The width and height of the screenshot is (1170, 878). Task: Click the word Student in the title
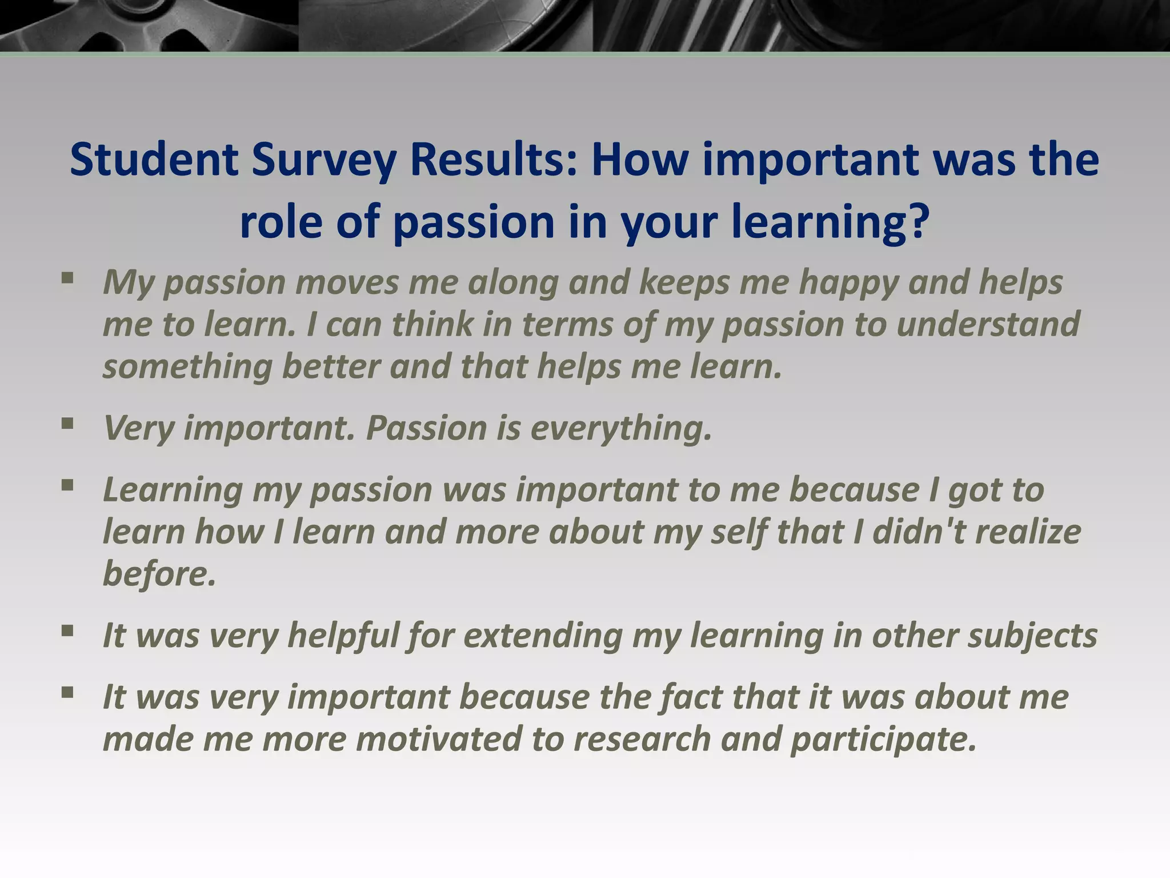154,159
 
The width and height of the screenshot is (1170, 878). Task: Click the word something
187,366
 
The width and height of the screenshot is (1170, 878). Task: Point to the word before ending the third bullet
159,573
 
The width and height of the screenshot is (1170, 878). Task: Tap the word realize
1028,532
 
